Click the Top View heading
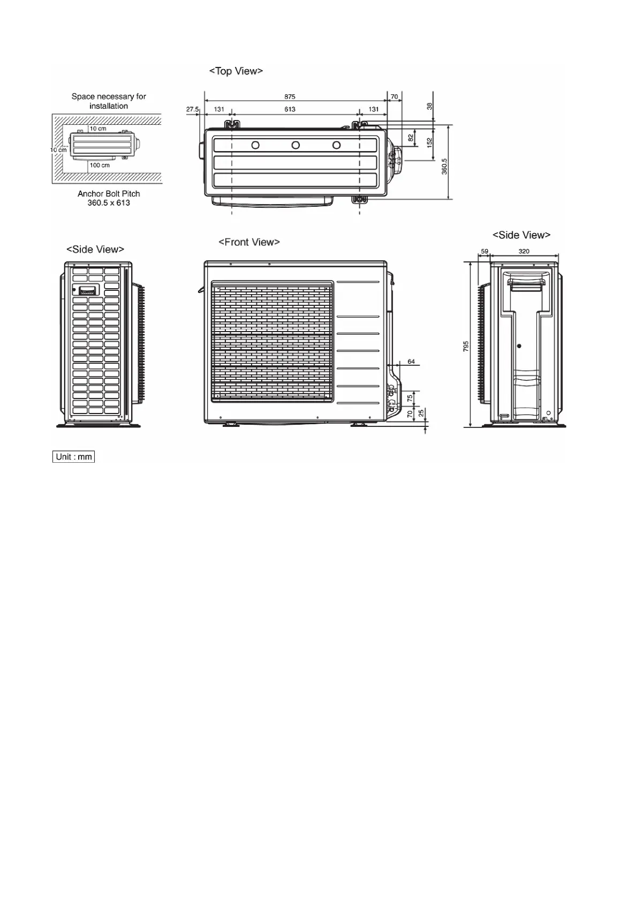coord(236,71)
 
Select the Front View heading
coord(249,242)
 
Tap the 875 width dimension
coord(290,97)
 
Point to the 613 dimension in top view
coord(290,109)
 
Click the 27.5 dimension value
coord(192,109)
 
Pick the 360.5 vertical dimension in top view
coord(444,166)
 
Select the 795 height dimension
coord(466,347)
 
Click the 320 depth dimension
coord(524,251)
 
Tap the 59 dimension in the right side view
coord(484,251)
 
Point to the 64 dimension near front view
coord(411,362)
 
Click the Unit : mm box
coord(74,457)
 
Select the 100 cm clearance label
coord(100,165)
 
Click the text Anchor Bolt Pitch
coord(109,194)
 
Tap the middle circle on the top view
coord(295,145)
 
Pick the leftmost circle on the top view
coord(255,145)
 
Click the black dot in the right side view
coord(519,346)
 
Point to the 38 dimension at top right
coord(429,107)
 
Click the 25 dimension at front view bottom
coord(421,413)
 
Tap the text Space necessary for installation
coord(109,101)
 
